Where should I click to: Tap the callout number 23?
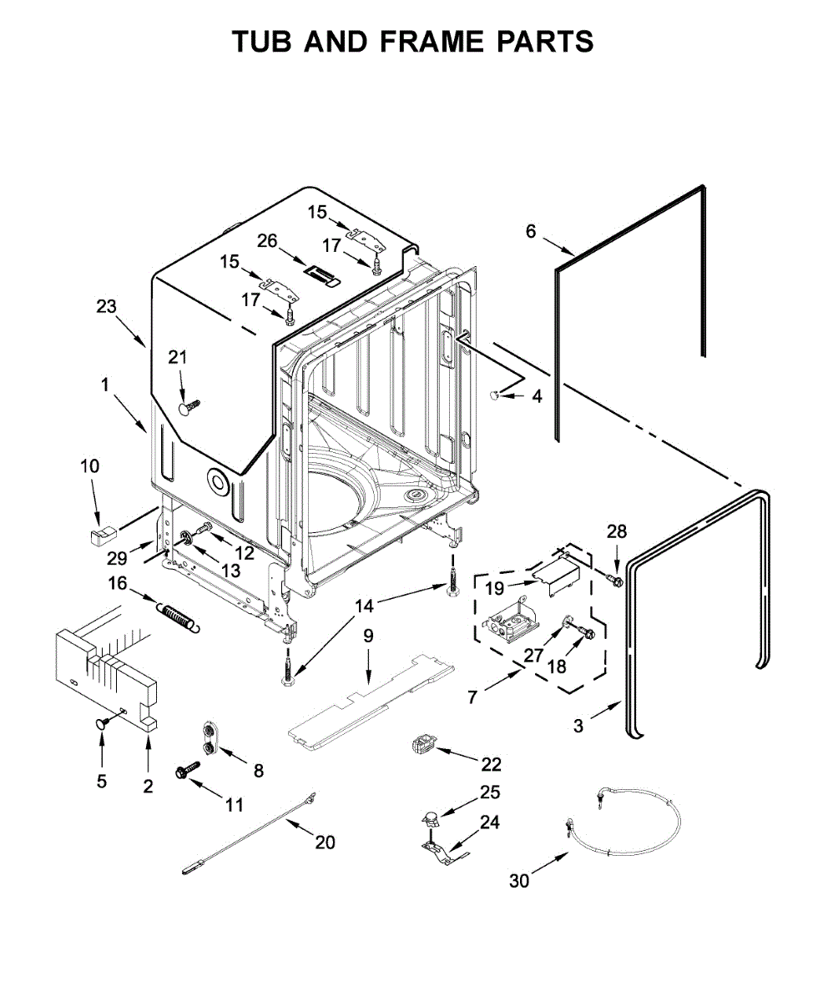(106, 307)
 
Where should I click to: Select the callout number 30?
(519, 881)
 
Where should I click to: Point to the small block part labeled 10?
(101, 532)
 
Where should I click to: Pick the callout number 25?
(489, 792)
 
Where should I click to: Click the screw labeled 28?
(615, 578)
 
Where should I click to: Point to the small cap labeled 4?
(495, 395)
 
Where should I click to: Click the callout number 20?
(325, 843)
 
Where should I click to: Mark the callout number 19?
(494, 587)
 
